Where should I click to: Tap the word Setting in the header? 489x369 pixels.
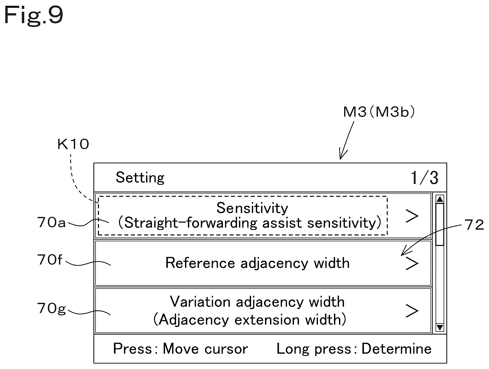[x=140, y=178]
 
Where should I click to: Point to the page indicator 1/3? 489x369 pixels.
[x=424, y=178]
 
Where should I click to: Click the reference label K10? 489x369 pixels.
[x=73, y=144]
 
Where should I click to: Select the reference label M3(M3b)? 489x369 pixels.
[x=379, y=112]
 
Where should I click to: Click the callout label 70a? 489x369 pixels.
[x=51, y=222]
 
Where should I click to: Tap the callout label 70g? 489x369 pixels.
[x=51, y=308]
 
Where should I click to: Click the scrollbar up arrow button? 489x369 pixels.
[x=440, y=199]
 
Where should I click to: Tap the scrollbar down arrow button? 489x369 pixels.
[x=440, y=327]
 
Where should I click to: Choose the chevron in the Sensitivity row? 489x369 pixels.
[x=412, y=216]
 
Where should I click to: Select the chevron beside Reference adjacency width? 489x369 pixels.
[x=412, y=263]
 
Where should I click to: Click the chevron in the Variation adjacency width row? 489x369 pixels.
[x=412, y=311]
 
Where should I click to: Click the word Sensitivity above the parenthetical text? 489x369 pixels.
[x=252, y=208]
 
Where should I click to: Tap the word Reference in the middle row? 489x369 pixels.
[x=200, y=263]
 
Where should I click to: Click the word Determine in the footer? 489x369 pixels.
[x=397, y=349]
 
